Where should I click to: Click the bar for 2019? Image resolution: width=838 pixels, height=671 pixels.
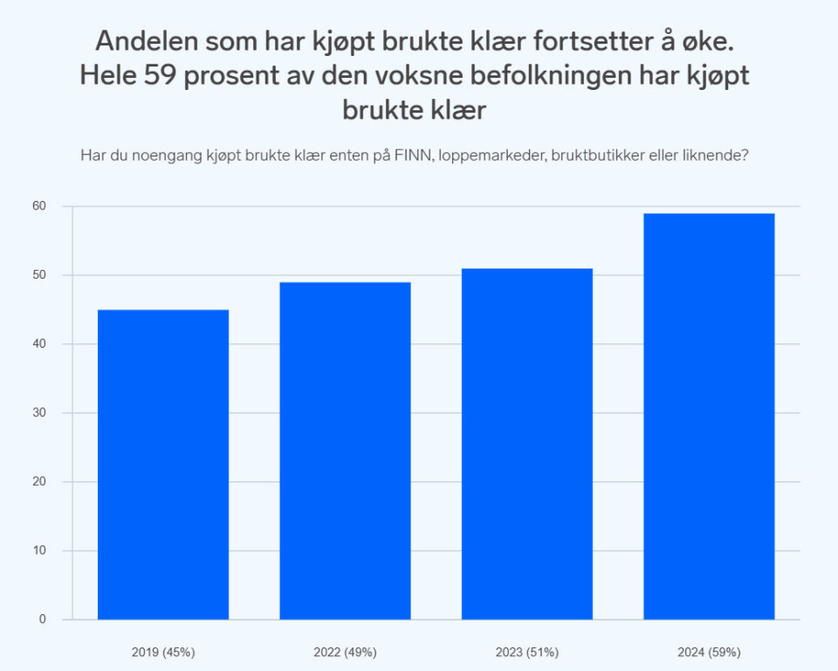(x=163, y=465)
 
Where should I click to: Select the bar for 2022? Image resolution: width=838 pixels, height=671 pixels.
(x=345, y=451)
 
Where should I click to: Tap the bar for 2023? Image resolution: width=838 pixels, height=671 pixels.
(x=527, y=444)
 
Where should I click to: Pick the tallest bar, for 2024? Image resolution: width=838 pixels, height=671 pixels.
(x=709, y=417)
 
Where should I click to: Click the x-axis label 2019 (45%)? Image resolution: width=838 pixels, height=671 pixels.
(x=163, y=652)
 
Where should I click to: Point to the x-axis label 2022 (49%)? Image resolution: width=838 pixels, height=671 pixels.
(x=345, y=652)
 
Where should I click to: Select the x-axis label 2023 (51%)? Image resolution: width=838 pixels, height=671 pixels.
(x=527, y=652)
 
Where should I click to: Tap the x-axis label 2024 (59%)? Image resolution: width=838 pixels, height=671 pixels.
(x=709, y=652)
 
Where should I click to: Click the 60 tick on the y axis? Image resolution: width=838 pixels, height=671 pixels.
(x=40, y=206)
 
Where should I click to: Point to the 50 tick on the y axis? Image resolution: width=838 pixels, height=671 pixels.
(x=40, y=275)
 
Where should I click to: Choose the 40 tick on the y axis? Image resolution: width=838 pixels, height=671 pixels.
(x=40, y=344)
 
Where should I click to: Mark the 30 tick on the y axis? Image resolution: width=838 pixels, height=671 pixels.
(x=40, y=413)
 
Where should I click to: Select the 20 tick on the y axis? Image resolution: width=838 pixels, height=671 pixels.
(x=40, y=481)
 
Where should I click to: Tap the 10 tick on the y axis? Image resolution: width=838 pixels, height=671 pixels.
(x=40, y=550)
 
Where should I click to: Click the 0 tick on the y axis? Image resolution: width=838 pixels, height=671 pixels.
(x=42, y=619)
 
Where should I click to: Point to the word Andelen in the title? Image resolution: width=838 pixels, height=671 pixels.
(x=141, y=40)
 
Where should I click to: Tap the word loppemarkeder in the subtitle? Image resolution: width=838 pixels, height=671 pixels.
(x=493, y=156)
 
